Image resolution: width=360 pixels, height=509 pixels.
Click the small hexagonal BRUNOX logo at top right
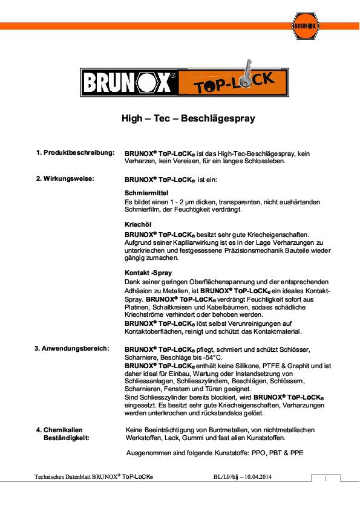tap(306, 25)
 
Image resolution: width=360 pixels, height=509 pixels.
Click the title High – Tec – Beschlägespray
tap(188, 118)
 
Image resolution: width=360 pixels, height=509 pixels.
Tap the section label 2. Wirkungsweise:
tap(65, 179)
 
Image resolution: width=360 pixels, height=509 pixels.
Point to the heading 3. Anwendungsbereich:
tap(71, 349)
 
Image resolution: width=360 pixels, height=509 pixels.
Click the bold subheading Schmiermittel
tap(142, 192)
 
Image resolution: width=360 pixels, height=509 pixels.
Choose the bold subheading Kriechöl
tap(136, 224)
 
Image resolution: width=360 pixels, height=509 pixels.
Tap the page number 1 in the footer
tap(326, 479)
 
